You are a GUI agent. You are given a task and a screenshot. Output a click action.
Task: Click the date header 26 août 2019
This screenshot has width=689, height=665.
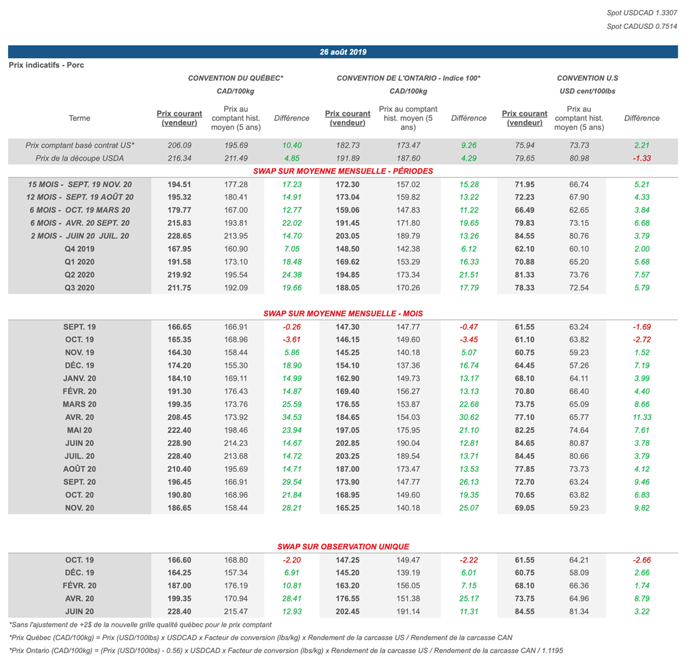343,52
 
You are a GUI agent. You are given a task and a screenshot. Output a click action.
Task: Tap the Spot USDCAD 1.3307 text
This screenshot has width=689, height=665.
642,13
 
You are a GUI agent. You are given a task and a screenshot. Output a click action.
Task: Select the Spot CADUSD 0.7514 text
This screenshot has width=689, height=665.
642,26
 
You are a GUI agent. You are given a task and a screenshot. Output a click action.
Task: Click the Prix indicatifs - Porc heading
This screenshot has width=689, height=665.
46,65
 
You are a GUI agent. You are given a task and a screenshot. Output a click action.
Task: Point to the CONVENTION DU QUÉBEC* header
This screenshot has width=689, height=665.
235,78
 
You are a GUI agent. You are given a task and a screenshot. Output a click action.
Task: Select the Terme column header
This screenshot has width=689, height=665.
79,118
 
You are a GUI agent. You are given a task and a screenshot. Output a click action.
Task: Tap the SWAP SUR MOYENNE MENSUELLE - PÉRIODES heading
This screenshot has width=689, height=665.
342,171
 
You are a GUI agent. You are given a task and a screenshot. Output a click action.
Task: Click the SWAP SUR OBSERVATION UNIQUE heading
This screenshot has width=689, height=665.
342,547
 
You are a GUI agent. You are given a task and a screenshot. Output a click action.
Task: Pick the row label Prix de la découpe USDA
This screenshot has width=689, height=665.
79,158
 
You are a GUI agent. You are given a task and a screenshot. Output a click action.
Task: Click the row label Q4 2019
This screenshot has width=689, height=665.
79,249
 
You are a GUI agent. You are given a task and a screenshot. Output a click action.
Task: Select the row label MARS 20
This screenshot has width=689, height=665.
79,404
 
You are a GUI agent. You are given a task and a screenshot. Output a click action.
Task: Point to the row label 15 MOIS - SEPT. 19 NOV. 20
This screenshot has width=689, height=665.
79,184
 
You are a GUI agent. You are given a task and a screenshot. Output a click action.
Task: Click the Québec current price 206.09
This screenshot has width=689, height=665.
179,145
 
